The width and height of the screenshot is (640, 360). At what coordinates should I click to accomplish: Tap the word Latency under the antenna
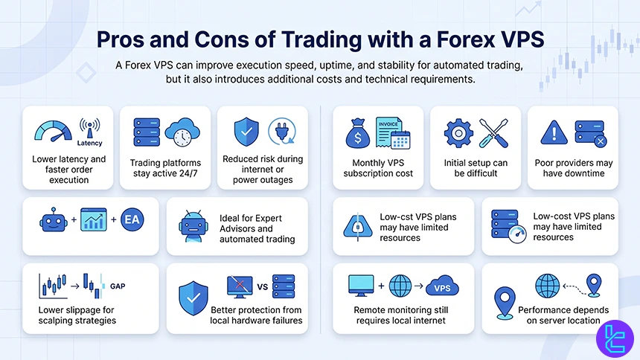(89, 143)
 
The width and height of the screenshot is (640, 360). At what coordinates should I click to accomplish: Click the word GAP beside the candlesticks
(118, 286)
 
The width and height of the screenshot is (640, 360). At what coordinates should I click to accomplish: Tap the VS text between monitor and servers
(261, 286)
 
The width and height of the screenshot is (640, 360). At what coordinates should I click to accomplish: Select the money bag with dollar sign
(359, 135)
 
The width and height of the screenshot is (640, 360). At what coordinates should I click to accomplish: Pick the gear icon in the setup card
(458, 133)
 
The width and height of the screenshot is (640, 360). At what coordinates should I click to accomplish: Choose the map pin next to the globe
(593, 285)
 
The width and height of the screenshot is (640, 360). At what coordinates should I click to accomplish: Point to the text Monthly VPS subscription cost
(378, 168)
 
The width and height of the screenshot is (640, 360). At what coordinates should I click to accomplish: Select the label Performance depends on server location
(563, 315)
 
